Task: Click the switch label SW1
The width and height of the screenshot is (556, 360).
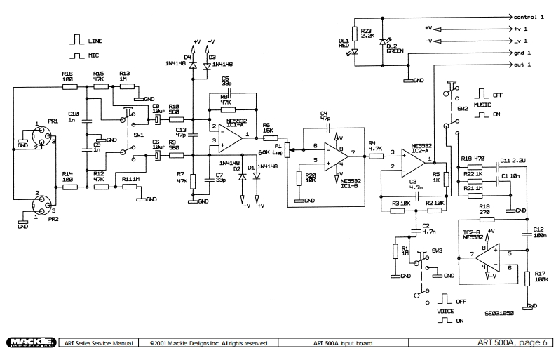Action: [x=139, y=133]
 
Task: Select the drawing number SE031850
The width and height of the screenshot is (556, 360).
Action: [x=499, y=312]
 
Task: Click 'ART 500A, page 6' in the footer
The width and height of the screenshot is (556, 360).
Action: [x=513, y=342]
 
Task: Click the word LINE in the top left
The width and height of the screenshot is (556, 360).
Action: [x=95, y=41]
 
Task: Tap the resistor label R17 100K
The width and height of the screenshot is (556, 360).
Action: [x=540, y=276]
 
